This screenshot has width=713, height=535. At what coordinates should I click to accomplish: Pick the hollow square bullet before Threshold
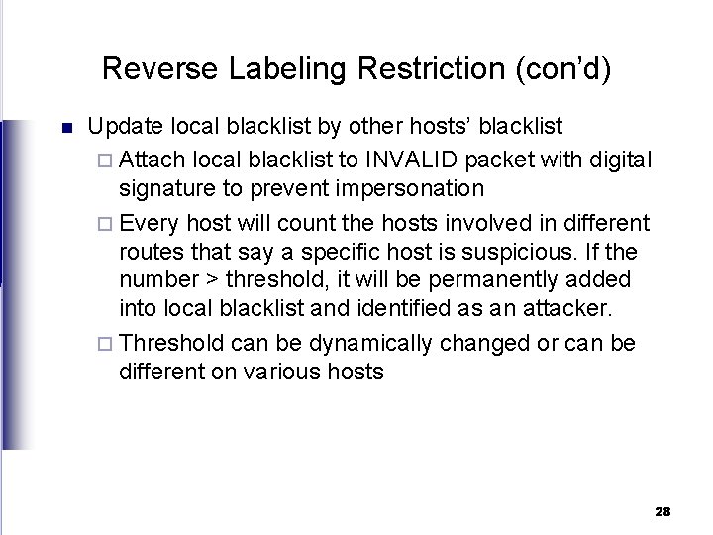(x=108, y=343)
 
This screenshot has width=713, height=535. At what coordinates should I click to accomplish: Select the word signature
(x=168, y=189)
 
